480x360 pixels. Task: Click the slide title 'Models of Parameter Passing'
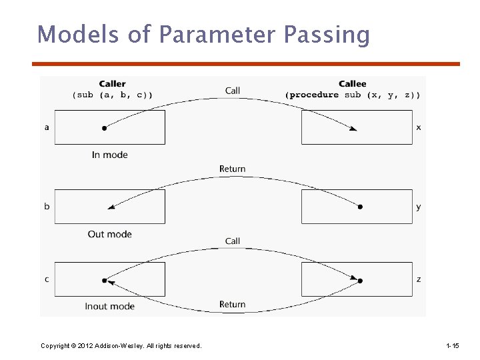(x=203, y=34)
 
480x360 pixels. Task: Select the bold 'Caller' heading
(x=112, y=84)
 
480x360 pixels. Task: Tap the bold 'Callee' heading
(x=352, y=84)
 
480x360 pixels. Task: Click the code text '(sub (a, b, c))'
(x=112, y=95)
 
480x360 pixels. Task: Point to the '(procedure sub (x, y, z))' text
(x=353, y=95)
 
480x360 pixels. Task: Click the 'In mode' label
(x=110, y=155)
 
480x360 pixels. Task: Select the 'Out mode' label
(x=110, y=234)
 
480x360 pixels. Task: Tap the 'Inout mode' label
(x=110, y=306)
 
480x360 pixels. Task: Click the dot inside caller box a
(x=105, y=127)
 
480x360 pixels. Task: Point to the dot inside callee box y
(x=360, y=207)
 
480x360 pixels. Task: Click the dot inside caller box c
(x=105, y=281)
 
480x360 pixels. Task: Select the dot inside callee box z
(x=360, y=281)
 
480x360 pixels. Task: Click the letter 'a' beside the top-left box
(x=47, y=127)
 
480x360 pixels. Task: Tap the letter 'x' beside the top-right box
(x=419, y=127)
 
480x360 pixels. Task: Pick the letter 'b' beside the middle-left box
(x=47, y=206)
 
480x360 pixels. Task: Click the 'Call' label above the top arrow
(x=233, y=91)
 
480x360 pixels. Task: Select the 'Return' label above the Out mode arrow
(x=233, y=169)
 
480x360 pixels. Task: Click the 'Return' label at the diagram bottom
(x=233, y=305)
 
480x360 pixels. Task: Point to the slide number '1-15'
(x=452, y=345)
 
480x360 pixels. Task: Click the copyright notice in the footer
(x=121, y=345)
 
